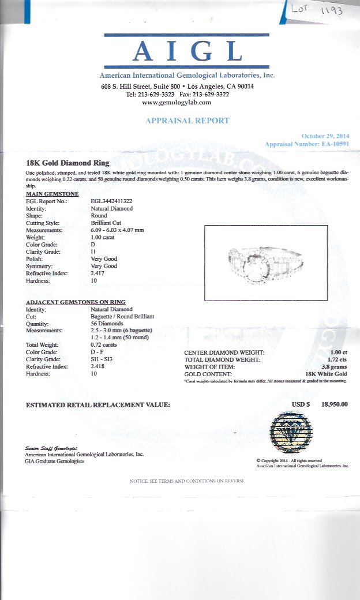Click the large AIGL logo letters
pos(187,52)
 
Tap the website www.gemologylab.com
pos(177,102)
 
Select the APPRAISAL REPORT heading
pos(187,121)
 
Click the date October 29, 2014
pos(325,136)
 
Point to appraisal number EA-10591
pos(336,144)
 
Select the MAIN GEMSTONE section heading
pos(52,194)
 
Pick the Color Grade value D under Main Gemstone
pos(93,244)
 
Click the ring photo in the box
pos(266,262)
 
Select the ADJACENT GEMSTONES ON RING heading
pos(76,302)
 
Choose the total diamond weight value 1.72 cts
pos(338,359)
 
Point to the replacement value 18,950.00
pos(335,404)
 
